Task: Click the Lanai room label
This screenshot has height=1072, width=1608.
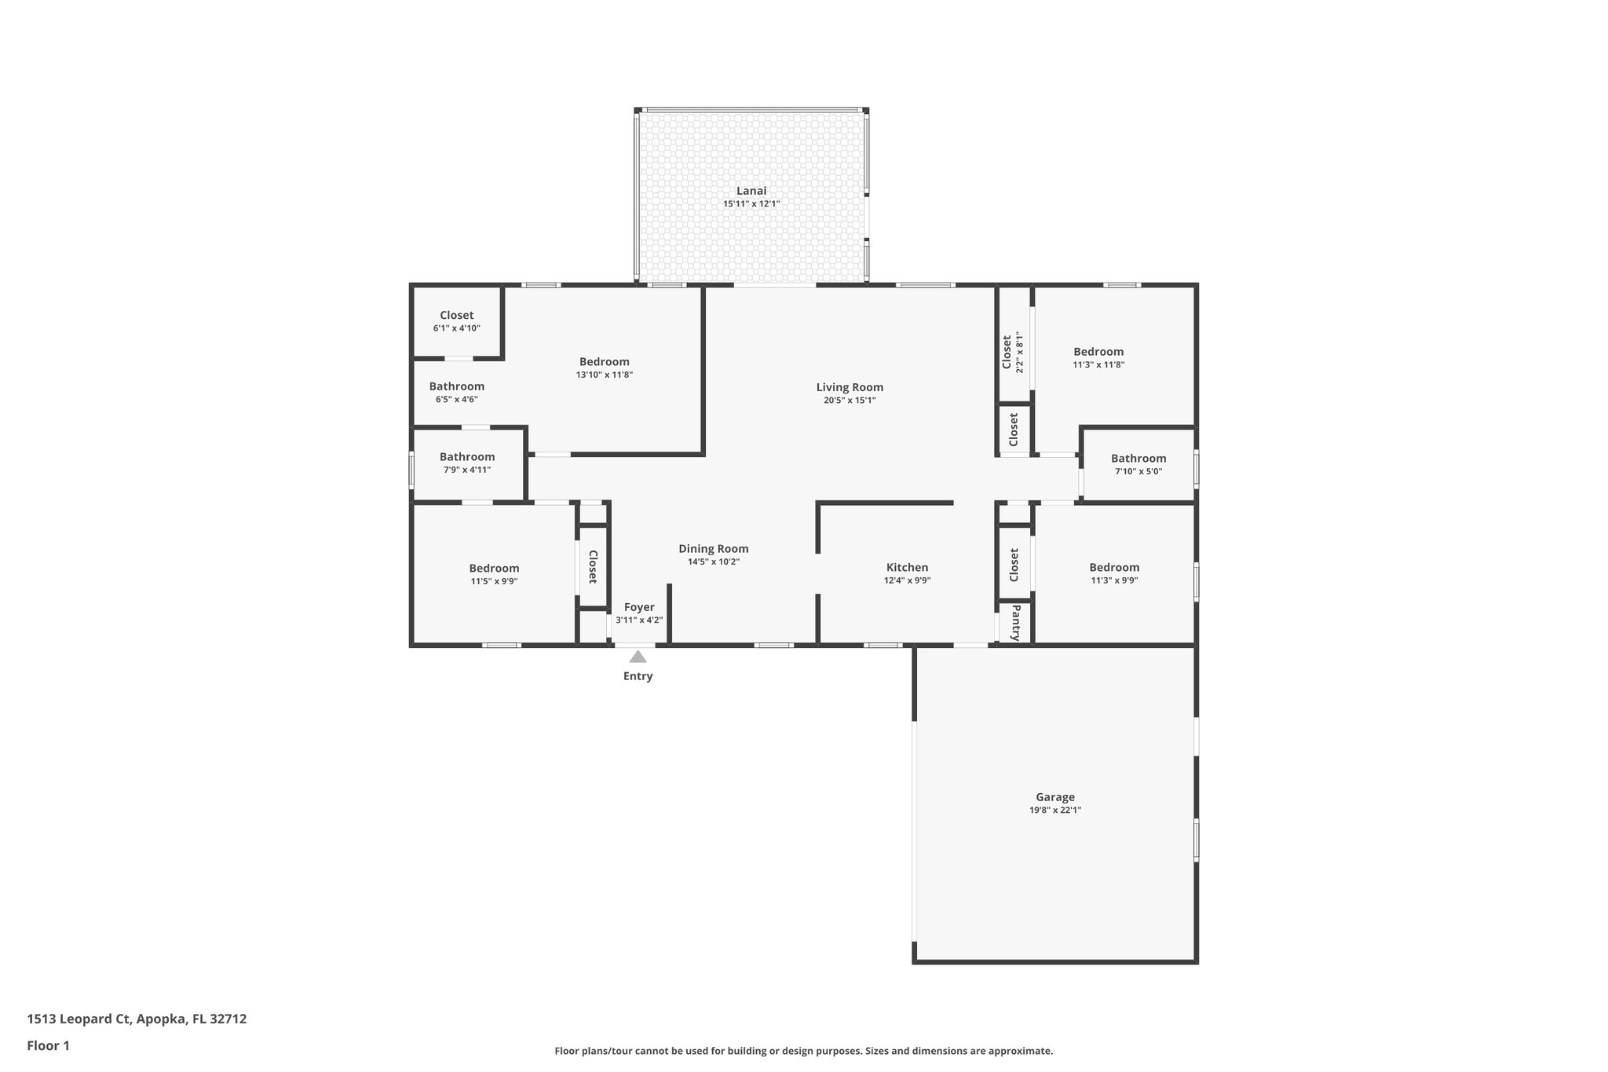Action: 751,191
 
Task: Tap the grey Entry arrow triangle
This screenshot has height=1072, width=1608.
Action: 638,657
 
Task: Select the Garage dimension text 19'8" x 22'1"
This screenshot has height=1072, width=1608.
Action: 1055,810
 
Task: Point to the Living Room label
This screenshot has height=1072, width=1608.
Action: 850,387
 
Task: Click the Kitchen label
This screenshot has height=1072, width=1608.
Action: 907,568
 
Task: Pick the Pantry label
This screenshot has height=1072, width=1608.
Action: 1015,623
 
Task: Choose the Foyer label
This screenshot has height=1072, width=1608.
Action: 639,607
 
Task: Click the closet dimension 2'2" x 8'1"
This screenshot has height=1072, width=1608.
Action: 1020,352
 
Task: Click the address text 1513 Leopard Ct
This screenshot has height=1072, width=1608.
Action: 78,1019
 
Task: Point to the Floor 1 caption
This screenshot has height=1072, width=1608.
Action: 48,1045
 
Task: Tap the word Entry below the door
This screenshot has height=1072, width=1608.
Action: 638,676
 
